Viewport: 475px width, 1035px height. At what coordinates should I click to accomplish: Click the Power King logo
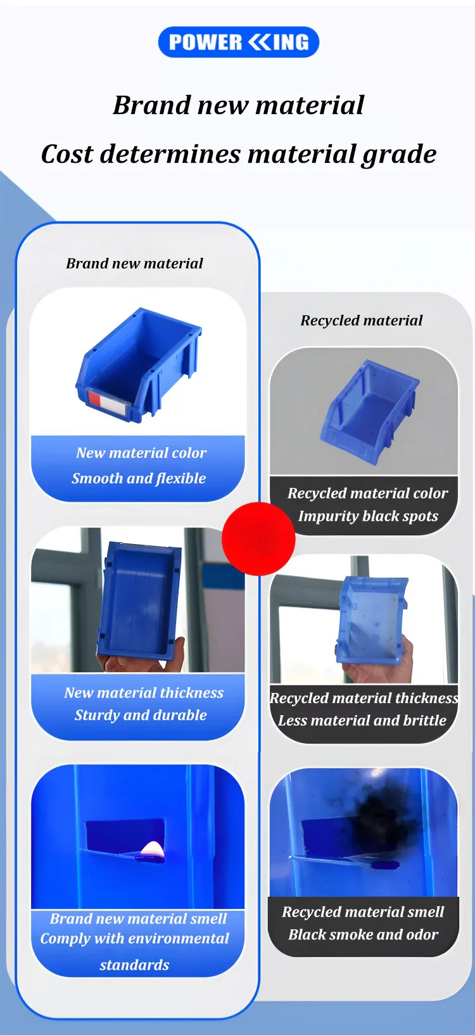click(x=238, y=42)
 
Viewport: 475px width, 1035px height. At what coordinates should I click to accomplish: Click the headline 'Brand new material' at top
click(x=238, y=105)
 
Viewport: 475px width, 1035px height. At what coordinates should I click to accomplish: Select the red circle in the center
click(x=259, y=539)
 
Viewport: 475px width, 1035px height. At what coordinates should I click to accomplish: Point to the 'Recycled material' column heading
click(x=362, y=321)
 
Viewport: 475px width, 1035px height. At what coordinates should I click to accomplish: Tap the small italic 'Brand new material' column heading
click(x=134, y=264)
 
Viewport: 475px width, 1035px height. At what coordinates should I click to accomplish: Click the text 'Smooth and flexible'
click(x=139, y=478)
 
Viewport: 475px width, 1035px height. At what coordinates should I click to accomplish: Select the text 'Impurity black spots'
click(x=368, y=516)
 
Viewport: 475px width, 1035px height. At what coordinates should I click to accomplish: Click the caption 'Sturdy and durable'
click(x=141, y=714)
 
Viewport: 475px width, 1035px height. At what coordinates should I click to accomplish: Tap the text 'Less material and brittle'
click(x=362, y=720)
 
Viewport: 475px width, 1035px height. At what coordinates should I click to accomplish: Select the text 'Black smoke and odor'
click(x=363, y=934)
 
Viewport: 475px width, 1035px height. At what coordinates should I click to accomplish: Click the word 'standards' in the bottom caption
click(x=134, y=965)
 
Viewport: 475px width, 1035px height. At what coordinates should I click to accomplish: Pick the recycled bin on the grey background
click(x=369, y=410)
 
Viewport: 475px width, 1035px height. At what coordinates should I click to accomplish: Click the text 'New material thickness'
click(x=144, y=692)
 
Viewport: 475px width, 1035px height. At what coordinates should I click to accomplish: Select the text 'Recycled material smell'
click(x=363, y=911)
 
